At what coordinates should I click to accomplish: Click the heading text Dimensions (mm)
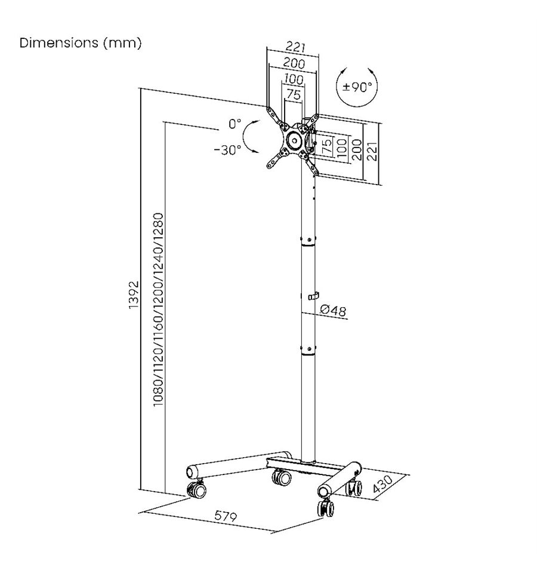(81, 43)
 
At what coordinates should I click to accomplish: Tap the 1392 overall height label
(134, 295)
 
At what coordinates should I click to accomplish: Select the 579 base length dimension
(226, 516)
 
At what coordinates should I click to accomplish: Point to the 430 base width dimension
(382, 484)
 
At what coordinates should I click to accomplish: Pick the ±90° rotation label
(357, 87)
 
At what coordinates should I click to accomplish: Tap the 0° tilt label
(235, 124)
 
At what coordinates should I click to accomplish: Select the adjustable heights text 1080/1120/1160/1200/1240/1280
(158, 310)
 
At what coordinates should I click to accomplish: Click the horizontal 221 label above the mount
(295, 47)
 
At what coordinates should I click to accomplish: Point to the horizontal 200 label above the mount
(294, 63)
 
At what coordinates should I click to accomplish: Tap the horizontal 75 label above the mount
(294, 94)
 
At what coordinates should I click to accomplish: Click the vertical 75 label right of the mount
(327, 145)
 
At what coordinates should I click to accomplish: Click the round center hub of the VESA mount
(294, 140)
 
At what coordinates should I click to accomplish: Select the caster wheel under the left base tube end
(196, 489)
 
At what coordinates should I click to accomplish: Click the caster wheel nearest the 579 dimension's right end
(326, 508)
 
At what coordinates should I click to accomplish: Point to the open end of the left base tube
(191, 472)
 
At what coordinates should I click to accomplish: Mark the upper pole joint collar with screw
(308, 241)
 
